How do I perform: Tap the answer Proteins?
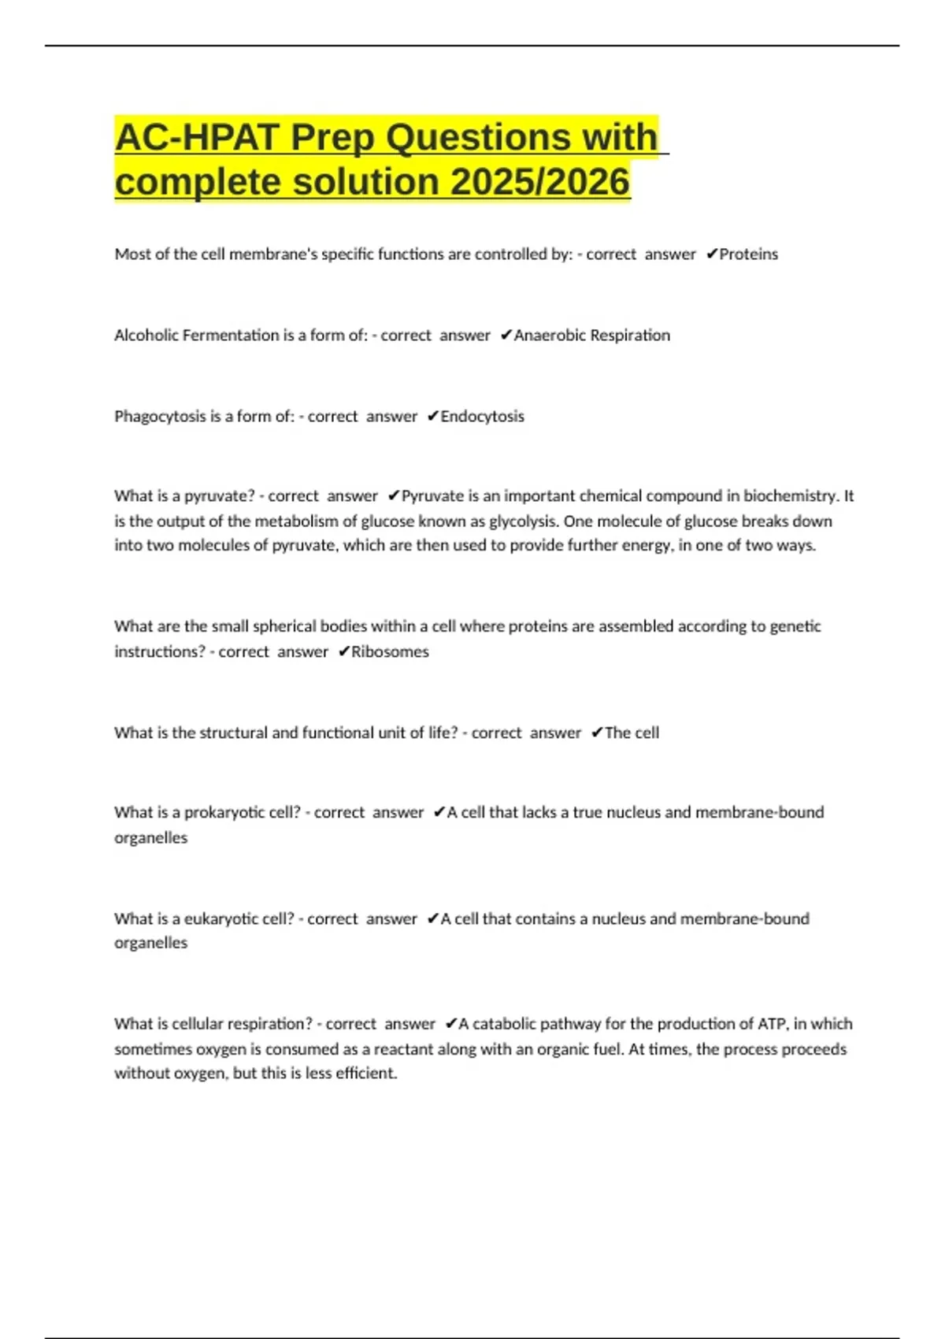[748, 254]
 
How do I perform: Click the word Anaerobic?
[550, 336]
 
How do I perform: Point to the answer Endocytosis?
[482, 417]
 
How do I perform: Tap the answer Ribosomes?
[390, 652]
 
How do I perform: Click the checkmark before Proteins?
[711, 254]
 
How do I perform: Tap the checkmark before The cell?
[596, 733]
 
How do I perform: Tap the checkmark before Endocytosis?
[432, 416]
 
